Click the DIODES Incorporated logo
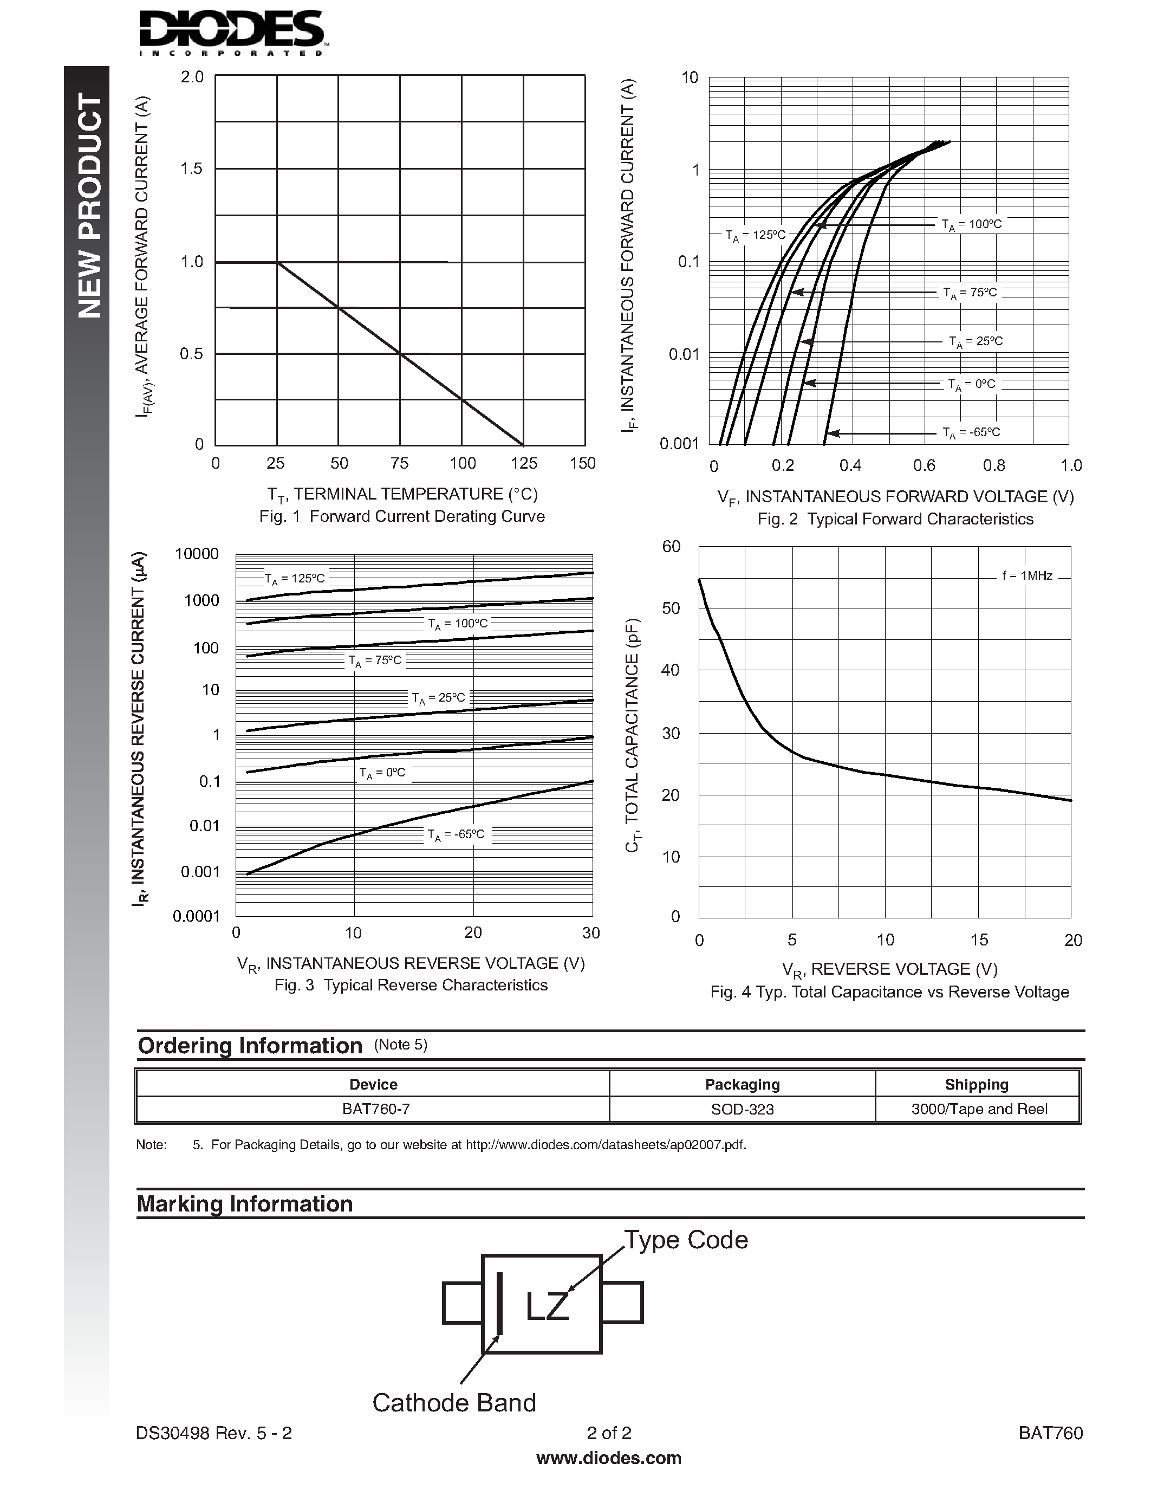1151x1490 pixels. pos(231,33)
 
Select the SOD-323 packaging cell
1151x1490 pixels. pos(742,1109)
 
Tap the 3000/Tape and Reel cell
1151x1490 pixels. pos(979,1109)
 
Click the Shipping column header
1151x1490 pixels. pos(977,1084)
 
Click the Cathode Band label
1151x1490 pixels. pos(454,1403)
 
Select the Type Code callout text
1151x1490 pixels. pos(686,1240)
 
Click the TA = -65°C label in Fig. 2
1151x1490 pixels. pos(971,432)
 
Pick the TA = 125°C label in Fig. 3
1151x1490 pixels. pos(295,579)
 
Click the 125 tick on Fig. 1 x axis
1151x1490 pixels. pos(524,463)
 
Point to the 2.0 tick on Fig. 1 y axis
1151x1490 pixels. pos(192,77)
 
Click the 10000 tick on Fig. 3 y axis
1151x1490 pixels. pos(197,554)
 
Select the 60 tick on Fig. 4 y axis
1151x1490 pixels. pos(671,547)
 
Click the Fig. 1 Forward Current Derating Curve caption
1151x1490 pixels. pos(401,516)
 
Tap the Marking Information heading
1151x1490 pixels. pos(245,1203)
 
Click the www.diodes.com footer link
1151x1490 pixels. pos(609,1458)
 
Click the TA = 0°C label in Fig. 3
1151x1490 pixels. pos(382,773)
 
